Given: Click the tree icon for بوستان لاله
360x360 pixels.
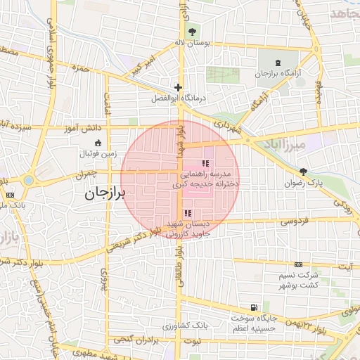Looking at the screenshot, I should [192, 32].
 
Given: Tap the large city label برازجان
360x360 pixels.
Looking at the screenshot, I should [104, 193].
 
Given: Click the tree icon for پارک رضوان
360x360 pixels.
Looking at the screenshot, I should [303, 171].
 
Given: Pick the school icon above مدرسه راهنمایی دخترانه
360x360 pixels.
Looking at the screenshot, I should [205, 163].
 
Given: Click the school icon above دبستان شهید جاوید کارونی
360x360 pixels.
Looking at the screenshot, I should [186, 213].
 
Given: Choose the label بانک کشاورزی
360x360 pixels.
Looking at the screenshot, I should [186, 326].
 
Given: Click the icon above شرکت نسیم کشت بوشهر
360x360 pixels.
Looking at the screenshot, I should [299, 264].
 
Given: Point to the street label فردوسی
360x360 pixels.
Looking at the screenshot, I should [295, 221].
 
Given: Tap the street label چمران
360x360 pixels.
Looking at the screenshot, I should [84, 172].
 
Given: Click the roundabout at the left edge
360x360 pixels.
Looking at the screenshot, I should [27, 180].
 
